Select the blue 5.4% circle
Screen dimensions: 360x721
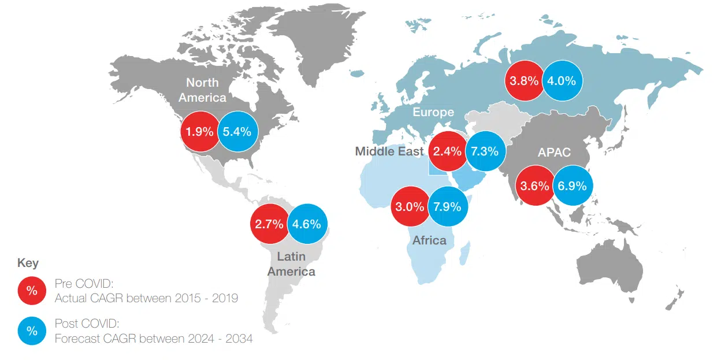pos(237,132)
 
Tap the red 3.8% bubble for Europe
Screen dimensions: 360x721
pos(525,81)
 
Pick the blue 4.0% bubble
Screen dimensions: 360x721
pos(562,81)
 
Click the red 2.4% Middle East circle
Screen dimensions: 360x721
pos(448,151)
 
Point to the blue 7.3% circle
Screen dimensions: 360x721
pos(485,151)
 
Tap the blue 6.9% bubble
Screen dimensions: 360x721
pos(572,186)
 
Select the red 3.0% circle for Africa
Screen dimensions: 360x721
pos(410,206)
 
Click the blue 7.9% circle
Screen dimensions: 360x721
pos(447,206)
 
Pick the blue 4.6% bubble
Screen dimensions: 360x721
pos(307,224)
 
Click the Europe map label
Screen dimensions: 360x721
pos(433,112)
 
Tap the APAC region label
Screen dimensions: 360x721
pos(554,153)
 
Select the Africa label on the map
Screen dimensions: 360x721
pos(429,240)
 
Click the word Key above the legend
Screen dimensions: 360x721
pos(28,263)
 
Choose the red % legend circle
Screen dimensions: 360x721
pos(32,291)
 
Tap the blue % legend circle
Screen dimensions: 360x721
pos(32,331)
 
